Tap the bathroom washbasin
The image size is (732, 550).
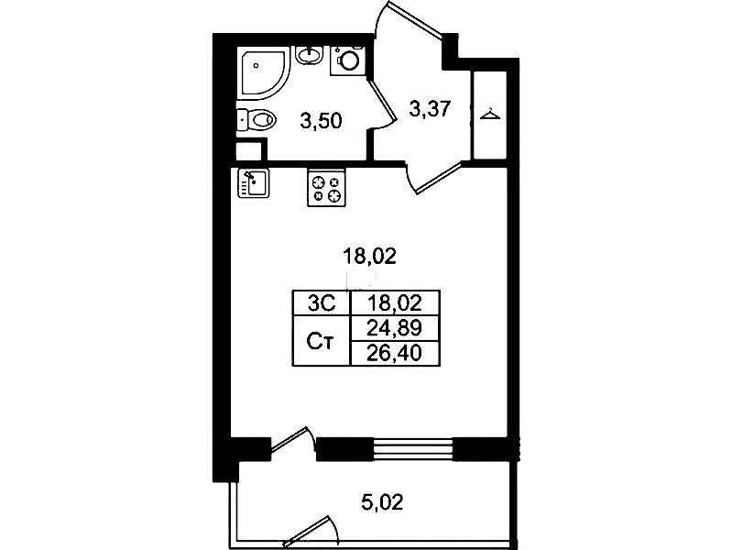309,56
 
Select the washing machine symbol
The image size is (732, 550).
347,60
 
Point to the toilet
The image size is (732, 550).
257,120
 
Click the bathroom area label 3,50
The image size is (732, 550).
322,122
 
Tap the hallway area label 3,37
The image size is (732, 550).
430,109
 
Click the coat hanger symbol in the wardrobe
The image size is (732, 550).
490,114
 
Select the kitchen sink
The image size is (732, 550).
253,183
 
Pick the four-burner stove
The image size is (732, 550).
326,187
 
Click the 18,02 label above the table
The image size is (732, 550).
369,256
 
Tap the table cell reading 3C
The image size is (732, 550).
322,303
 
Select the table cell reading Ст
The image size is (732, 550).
322,341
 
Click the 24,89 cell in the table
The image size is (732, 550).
395,328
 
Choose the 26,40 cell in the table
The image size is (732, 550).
395,353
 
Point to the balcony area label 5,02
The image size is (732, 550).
381,502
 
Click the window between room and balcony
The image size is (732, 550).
412,449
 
